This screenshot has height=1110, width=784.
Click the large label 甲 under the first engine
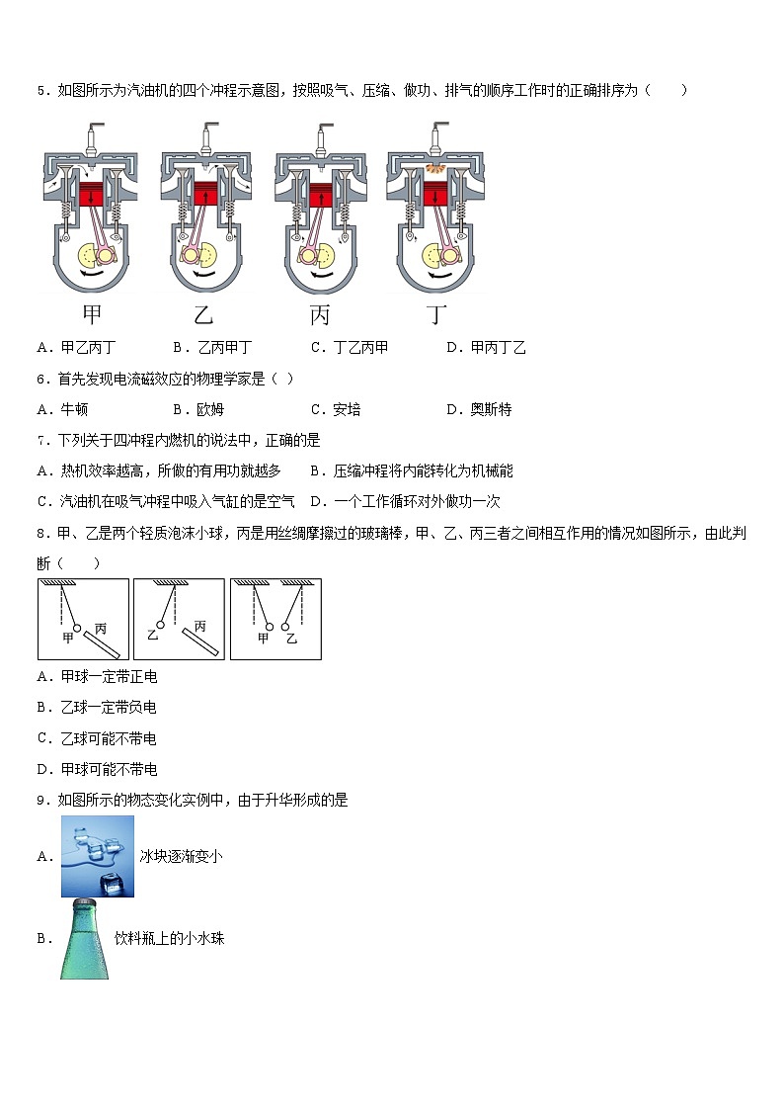(x=91, y=315)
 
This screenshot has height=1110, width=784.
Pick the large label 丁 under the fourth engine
(x=435, y=315)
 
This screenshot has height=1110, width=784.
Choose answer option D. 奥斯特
(x=479, y=409)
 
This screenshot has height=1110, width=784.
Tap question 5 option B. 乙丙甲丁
(x=212, y=347)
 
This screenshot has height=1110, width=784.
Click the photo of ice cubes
(x=98, y=857)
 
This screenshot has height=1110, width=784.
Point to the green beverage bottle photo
(x=83, y=939)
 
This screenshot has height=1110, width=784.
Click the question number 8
(x=41, y=534)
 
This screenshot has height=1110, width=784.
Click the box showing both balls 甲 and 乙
(x=275, y=619)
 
